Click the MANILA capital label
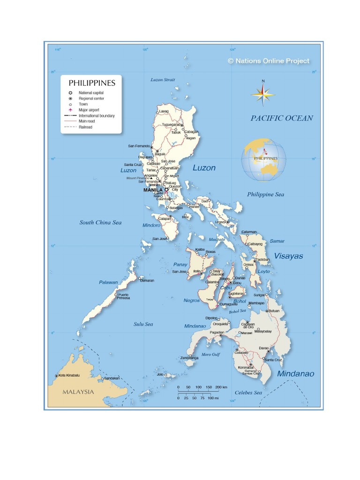pyautogui.click(x=153, y=190)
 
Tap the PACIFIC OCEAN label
pyautogui.click(x=281, y=118)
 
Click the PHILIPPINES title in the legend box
pyautogui.click(x=92, y=83)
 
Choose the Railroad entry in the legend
pyautogui.click(x=85, y=127)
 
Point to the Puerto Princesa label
pyautogui.click(x=123, y=296)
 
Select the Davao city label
pyautogui.click(x=264, y=348)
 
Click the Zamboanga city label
pyautogui.click(x=189, y=358)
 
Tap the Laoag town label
pyautogui.click(x=164, y=111)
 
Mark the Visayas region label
pyautogui.click(x=288, y=256)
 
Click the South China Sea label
pyautogui.click(x=100, y=223)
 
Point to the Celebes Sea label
pyautogui.click(x=248, y=392)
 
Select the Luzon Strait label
pyautogui.click(x=163, y=80)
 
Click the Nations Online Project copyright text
pyautogui.click(x=268, y=61)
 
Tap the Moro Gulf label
pyautogui.click(x=210, y=354)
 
